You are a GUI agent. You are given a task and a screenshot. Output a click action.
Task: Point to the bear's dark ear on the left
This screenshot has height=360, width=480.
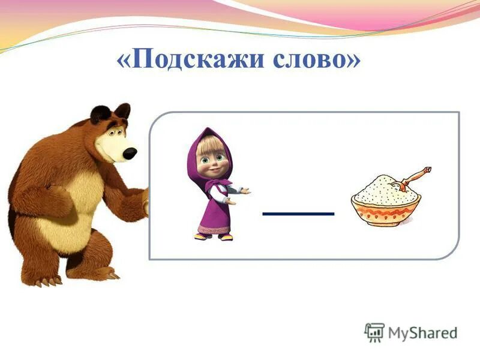100,113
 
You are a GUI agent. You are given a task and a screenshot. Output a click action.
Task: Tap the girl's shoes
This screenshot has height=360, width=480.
215,236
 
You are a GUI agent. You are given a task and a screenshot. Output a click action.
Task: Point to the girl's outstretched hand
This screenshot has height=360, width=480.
243,191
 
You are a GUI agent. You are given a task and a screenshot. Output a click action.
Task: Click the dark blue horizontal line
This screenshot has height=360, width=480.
298,214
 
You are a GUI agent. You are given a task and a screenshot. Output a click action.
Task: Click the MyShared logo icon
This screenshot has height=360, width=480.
374,332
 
